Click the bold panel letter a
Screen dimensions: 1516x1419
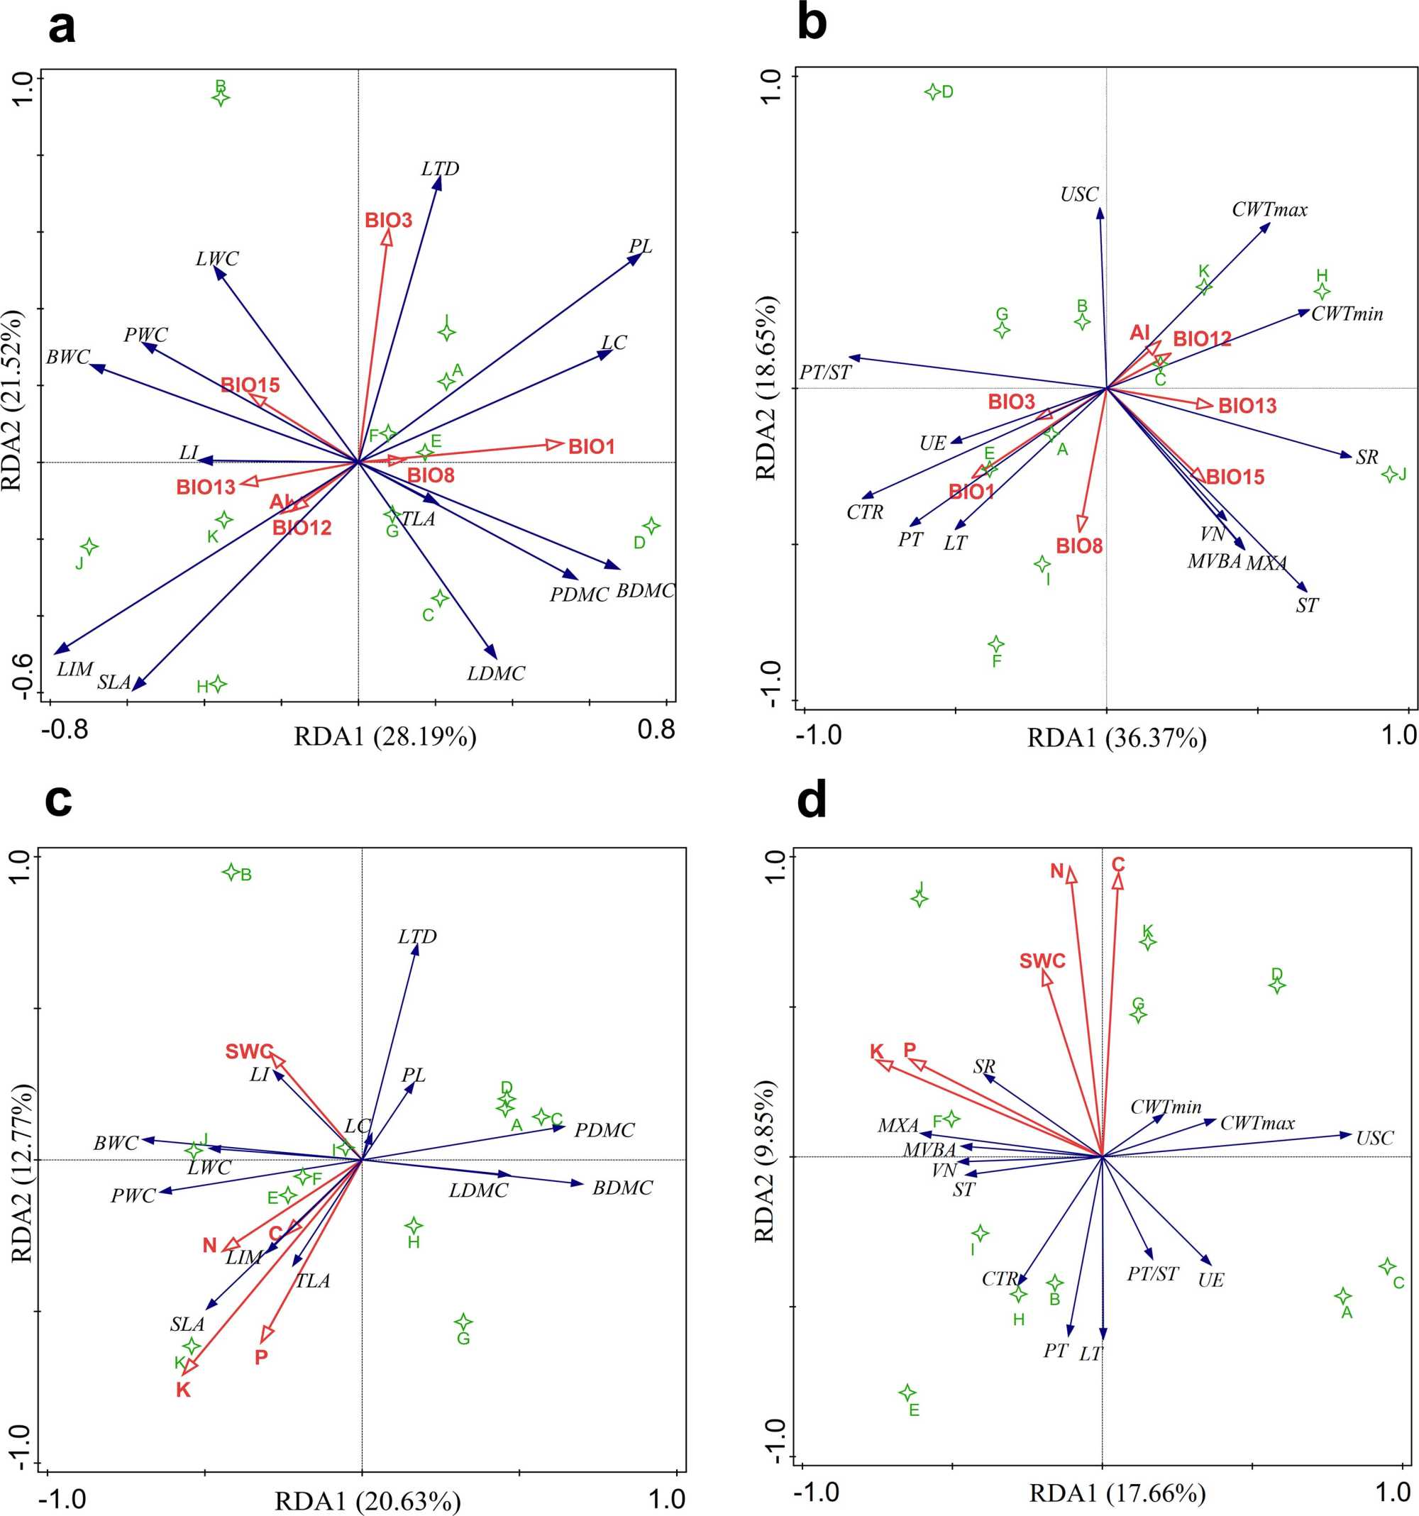(62, 29)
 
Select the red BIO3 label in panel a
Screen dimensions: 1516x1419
(388, 221)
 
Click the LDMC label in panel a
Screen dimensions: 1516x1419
(497, 673)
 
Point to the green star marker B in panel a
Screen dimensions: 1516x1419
(221, 98)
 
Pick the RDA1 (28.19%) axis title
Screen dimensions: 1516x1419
(385, 736)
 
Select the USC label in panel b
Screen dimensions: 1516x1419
(1079, 195)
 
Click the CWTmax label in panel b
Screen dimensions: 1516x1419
(1269, 210)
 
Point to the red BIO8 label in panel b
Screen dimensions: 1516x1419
(1079, 546)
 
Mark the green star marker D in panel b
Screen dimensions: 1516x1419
(932, 92)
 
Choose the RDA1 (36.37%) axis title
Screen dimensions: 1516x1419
(1117, 738)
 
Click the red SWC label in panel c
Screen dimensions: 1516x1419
(249, 1052)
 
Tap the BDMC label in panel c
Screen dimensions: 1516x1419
(622, 1188)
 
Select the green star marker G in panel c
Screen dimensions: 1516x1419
(463, 1322)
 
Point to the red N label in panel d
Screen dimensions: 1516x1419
(1057, 871)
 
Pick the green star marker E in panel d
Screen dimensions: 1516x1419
(907, 1393)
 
